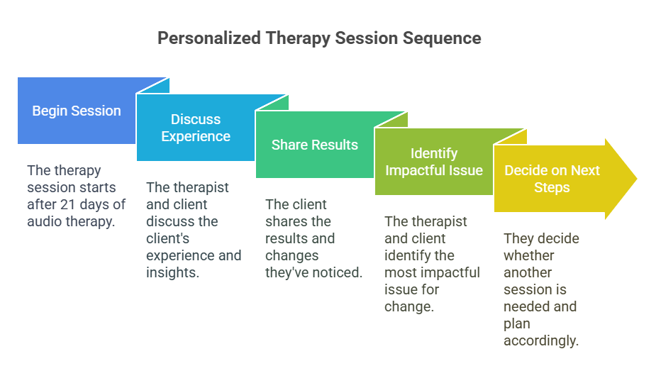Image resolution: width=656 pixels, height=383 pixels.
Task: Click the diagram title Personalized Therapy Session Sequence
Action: tap(319, 38)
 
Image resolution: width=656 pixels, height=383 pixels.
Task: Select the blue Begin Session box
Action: tap(77, 111)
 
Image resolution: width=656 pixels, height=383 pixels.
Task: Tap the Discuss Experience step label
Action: tap(196, 128)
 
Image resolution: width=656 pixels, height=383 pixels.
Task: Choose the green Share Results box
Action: tap(314, 145)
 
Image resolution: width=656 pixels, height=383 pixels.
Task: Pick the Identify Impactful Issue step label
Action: tap(434, 162)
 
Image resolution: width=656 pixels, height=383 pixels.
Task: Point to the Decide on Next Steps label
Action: tap(552, 179)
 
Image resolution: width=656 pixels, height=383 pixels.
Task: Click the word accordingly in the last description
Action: tap(541, 340)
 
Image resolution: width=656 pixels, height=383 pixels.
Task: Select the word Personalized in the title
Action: tap(208, 38)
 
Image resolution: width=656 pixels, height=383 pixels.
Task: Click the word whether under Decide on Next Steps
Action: tap(529, 255)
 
